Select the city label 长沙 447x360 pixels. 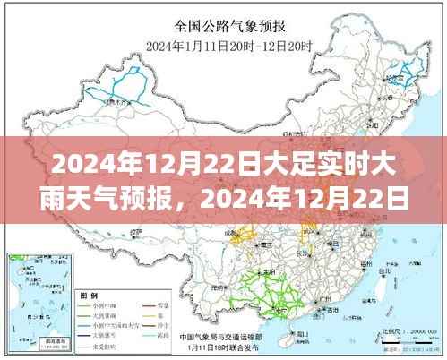pyautogui.click(x=305, y=253)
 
